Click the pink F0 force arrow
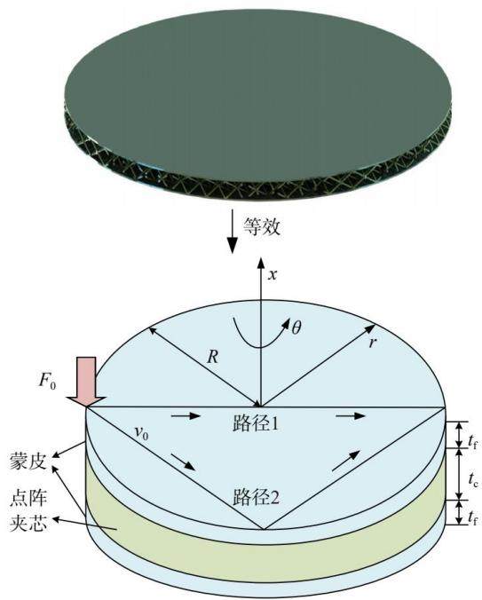[x=86, y=381]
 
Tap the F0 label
[x=47, y=381]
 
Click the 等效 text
[x=262, y=226]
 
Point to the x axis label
[x=273, y=274]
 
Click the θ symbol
[x=296, y=328]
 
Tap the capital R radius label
[x=212, y=357]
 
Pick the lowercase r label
[x=372, y=343]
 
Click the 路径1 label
[x=256, y=423]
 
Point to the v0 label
[x=141, y=433]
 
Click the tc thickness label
[x=473, y=478]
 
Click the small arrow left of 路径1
[x=186, y=415]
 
